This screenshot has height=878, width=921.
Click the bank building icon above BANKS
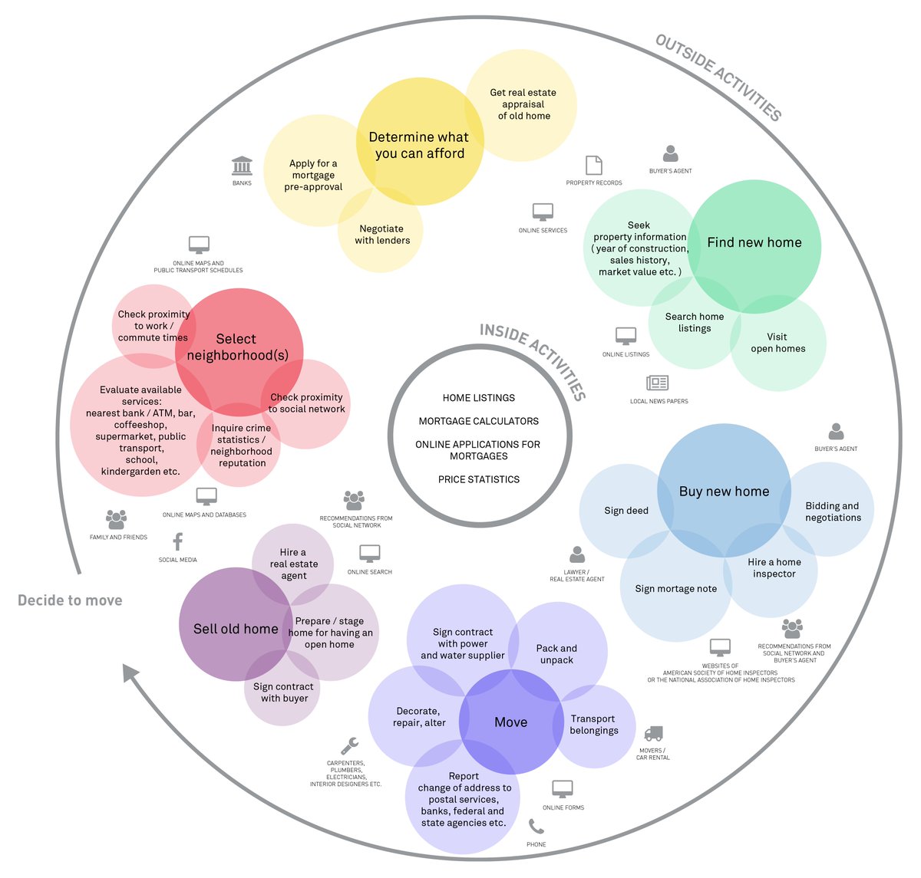coord(242,166)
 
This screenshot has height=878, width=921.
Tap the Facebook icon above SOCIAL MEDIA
coord(177,541)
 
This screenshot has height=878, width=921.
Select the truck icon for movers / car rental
coord(652,734)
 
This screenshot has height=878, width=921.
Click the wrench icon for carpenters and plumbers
coord(349,745)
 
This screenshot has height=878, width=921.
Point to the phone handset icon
coord(536,827)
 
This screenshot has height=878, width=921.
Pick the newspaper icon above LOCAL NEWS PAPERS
coord(658,383)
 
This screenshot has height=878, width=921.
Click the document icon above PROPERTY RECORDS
coord(593,165)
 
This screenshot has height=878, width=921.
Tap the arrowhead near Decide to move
coord(130,674)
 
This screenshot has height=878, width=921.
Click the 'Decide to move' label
coord(70,600)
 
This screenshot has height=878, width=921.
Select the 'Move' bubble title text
coord(510,722)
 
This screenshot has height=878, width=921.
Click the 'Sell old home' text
coord(236,629)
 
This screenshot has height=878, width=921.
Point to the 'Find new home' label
coord(754,242)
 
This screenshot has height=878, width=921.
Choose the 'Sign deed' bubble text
coord(626,511)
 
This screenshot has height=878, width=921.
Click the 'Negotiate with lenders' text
coord(382,235)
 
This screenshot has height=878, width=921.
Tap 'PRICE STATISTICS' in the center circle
coord(479,479)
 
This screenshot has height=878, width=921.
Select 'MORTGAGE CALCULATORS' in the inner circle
coord(479,421)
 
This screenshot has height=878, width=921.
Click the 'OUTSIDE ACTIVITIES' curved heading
coord(718,77)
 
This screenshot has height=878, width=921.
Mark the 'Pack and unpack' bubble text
coord(556,654)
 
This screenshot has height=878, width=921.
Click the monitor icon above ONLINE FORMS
coord(563,789)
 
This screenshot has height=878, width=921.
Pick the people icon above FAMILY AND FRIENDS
coord(117,519)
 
